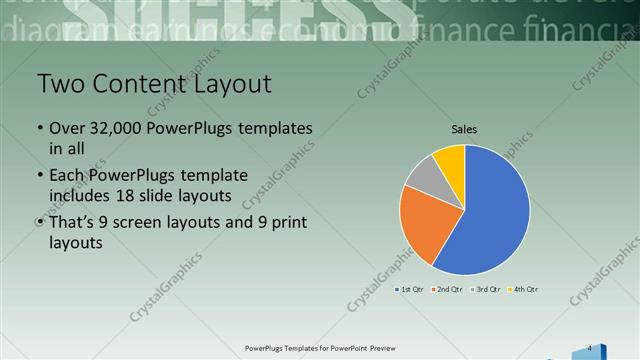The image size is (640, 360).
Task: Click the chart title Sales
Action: (464, 129)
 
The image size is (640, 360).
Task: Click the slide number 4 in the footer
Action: (590, 348)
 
